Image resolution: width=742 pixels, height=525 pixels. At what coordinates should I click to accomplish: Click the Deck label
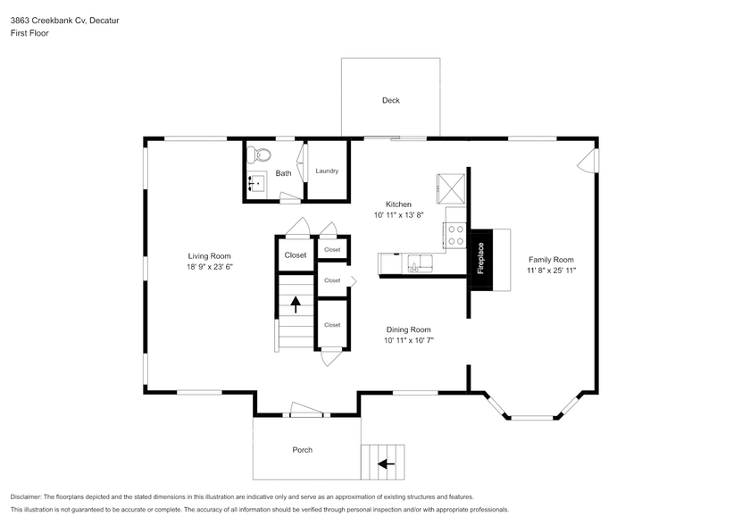(x=390, y=100)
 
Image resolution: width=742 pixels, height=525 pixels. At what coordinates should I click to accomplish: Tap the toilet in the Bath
(x=261, y=154)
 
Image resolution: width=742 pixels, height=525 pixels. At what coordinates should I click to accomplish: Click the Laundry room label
(x=327, y=171)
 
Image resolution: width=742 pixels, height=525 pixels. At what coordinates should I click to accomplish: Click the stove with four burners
(x=455, y=235)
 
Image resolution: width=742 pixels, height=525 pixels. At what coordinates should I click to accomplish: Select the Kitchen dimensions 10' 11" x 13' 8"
(x=398, y=214)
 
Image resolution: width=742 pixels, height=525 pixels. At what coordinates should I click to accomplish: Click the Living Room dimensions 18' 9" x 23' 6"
(x=210, y=266)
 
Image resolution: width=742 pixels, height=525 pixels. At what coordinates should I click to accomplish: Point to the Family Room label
(x=550, y=259)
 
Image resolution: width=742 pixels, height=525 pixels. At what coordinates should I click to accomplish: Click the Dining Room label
(x=408, y=329)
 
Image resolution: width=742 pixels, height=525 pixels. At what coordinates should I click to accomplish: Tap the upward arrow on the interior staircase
(x=296, y=305)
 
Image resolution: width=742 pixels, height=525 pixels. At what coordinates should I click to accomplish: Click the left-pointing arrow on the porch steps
(x=386, y=463)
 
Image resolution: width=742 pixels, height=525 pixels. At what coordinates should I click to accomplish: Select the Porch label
(x=303, y=449)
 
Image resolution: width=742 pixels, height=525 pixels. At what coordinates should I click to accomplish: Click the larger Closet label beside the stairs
(x=296, y=255)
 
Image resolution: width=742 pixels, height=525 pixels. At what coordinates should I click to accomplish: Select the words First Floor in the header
(x=29, y=33)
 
